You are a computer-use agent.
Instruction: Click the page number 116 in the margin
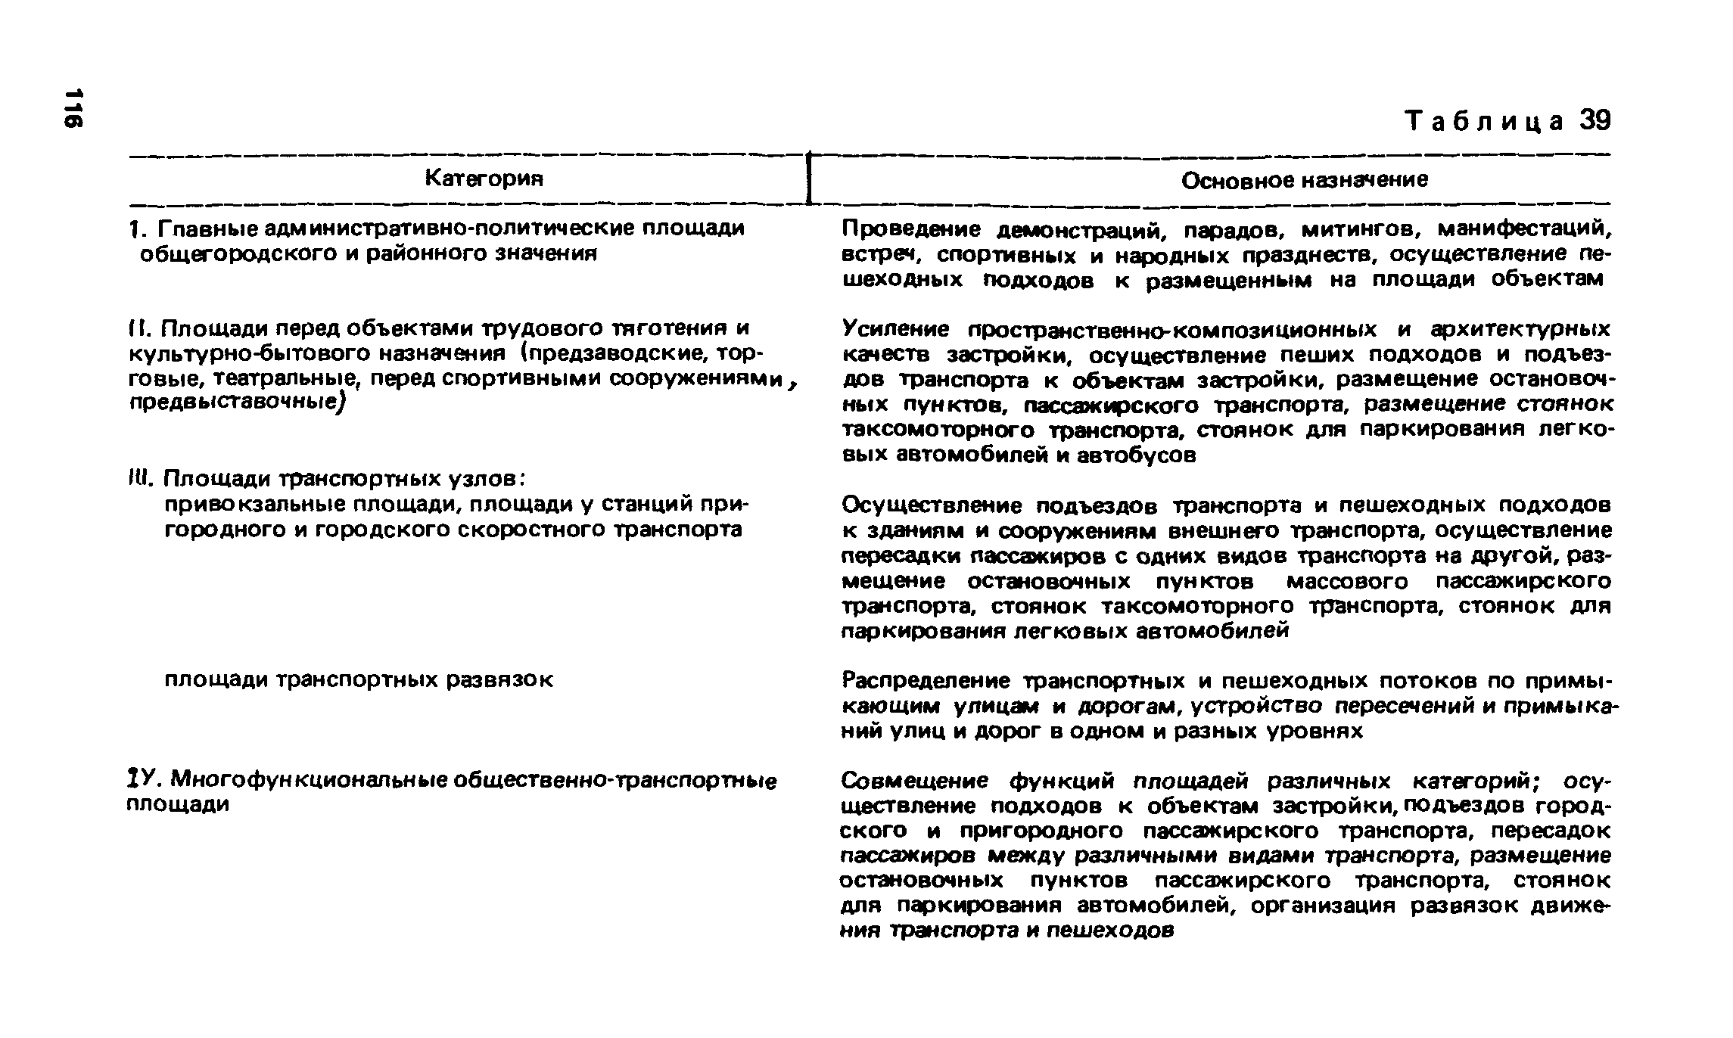pos(73,108)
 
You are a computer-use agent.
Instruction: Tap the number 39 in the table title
pos(1595,120)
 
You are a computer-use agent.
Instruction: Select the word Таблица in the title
pos(1483,121)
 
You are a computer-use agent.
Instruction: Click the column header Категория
pos(484,178)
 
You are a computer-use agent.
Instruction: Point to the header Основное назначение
pos(1305,179)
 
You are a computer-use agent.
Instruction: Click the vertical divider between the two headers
pos(809,179)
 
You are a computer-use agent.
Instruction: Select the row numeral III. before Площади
pos(140,480)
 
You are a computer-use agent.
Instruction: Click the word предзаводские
pos(614,353)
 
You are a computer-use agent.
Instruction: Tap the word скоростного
pos(533,530)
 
